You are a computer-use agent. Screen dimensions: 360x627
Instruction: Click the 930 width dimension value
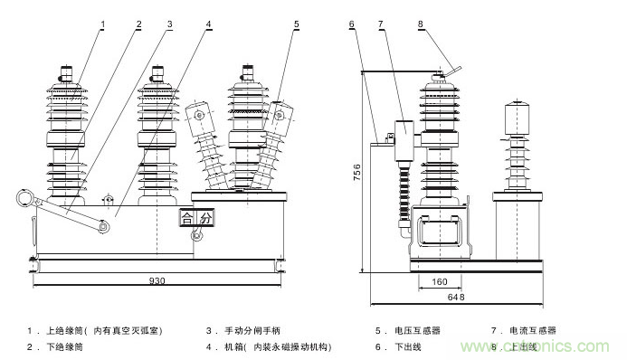tap(158, 281)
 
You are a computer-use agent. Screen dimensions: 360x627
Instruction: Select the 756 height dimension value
tap(356, 172)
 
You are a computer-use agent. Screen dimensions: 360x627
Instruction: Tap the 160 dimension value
tap(440, 281)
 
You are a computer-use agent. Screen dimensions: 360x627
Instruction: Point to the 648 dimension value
tap(455, 298)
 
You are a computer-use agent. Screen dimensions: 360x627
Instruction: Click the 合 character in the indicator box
tap(187, 218)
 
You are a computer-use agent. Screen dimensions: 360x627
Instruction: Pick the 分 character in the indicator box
tap(204, 218)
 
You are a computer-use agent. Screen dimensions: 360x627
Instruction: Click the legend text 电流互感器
tap(535, 331)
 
